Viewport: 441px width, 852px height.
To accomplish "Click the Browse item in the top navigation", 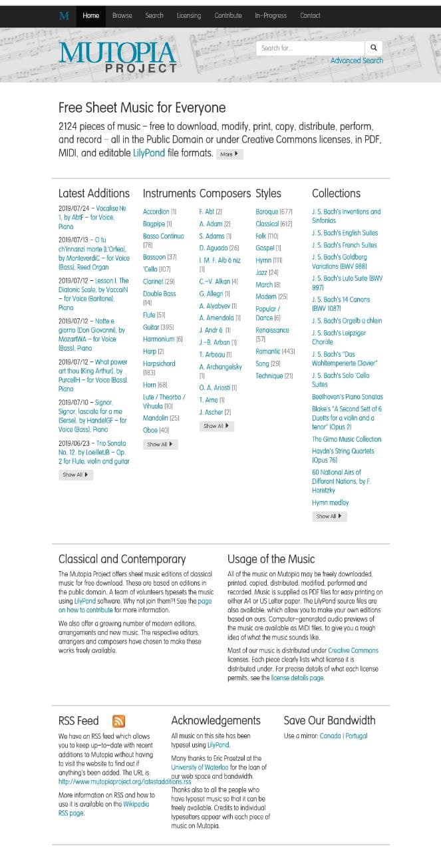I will coord(122,15).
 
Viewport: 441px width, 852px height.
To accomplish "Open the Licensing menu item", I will coord(188,15).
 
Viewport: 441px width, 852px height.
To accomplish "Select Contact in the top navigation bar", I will coord(310,15).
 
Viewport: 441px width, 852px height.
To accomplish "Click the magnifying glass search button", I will coord(374,48).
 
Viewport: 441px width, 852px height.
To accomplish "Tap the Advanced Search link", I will coord(357,61).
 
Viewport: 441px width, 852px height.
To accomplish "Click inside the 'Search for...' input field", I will coord(310,48).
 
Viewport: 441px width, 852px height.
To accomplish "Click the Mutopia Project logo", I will coord(118,57).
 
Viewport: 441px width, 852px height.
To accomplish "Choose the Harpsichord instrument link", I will coord(159,364).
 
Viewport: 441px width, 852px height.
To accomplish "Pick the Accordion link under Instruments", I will coord(155,212).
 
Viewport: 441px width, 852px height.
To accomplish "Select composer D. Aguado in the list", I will coord(213,248).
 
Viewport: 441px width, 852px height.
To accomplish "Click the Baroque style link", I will coord(267,212).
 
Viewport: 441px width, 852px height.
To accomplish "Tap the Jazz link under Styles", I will coord(263,272).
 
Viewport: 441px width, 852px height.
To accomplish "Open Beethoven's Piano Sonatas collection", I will coord(347,397).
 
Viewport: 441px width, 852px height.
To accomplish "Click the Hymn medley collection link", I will coord(330,503).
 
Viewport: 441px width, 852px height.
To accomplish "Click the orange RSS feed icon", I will coord(118,721).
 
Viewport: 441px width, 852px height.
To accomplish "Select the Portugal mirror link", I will coord(357,736).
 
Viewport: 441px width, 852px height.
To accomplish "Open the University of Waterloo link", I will coord(200,767).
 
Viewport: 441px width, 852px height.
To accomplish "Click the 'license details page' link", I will coord(297,678).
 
